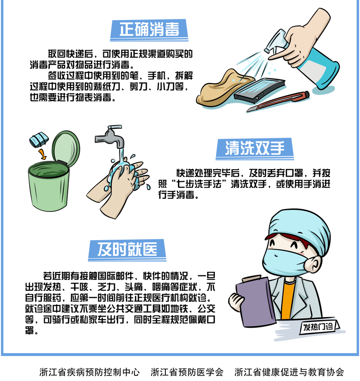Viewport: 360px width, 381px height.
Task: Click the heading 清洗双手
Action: (x=254, y=148)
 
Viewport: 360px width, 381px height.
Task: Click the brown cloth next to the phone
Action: (x=220, y=86)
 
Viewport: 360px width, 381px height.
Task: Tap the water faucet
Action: (x=109, y=136)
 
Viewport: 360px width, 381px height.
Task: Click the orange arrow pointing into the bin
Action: (x=42, y=153)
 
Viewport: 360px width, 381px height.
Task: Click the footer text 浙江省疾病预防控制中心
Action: (x=89, y=372)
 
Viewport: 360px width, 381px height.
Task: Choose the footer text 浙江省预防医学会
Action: (x=187, y=372)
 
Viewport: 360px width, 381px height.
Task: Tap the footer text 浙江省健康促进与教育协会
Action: (x=290, y=372)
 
